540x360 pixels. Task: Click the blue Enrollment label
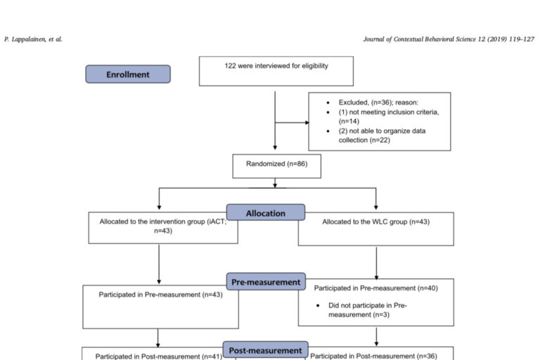click(x=128, y=74)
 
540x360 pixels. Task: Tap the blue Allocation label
click(x=266, y=212)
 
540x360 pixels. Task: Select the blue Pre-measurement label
click(x=266, y=282)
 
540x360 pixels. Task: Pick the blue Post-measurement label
click(x=266, y=350)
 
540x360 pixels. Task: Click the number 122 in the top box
click(x=230, y=66)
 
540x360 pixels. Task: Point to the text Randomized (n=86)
click(x=276, y=164)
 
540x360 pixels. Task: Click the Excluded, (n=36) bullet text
click(x=378, y=103)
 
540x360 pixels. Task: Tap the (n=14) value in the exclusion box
click(x=349, y=121)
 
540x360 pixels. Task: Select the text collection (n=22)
click(x=364, y=140)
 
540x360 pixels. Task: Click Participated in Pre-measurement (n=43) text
click(x=160, y=295)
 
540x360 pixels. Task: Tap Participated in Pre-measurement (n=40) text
click(x=375, y=288)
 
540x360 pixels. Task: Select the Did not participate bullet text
click(x=368, y=310)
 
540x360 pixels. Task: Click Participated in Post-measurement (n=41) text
click(x=159, y=356)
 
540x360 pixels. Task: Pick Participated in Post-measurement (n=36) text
click(x=373, y=356)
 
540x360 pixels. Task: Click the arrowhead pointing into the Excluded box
click(x=307, y=122)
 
